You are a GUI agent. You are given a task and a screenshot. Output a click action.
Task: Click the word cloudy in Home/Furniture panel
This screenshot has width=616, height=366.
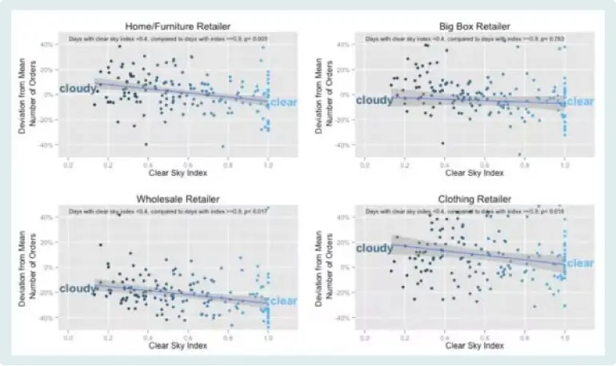(x=78, y=89)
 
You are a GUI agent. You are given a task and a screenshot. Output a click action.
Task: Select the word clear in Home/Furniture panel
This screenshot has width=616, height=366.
(x=283, y=101)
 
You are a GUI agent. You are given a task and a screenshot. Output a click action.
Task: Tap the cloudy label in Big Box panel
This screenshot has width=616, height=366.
(x=374, y=101)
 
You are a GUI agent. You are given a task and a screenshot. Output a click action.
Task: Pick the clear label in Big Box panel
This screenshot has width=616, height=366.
(x=580, y=101)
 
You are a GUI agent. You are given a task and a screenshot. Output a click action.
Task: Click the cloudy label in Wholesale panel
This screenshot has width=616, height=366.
(x=78, y=288)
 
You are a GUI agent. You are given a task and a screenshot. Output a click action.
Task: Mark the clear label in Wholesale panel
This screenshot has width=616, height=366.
(x=283, y=300)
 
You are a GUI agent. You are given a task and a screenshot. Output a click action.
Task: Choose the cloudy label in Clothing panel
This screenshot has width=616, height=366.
(x=374, y=249)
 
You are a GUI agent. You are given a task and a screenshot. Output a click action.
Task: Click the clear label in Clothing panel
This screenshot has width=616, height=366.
(x=580, y=263)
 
